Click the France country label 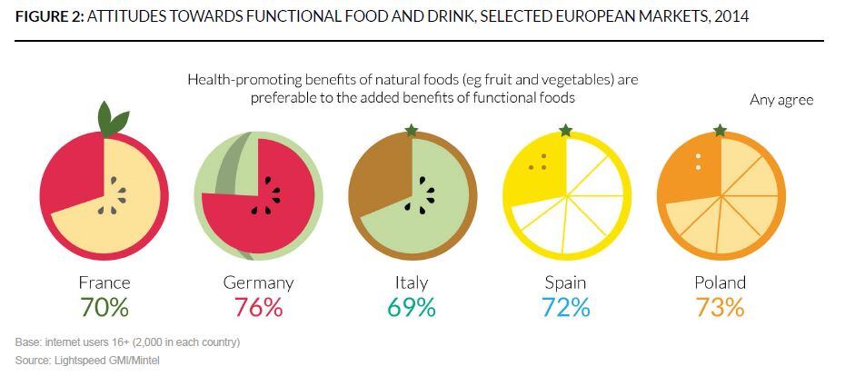(x=104, y=282)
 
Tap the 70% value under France (x=104, y=308)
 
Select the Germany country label (x=259, y=282)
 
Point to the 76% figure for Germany (x=259, y=308)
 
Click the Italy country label (x=412, y=282)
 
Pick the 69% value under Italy (x=412, y=308)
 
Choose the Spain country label (x=565, y=282)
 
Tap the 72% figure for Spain (x=565, y=308)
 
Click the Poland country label (x=720, y=282)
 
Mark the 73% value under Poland (x=720, y=308)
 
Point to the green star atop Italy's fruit (x=412, y=131)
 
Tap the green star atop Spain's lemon (x=565, y=131)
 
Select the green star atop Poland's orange (x=720, y=131)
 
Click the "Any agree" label (x=781, y=100)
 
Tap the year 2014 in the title (x=731, y=17)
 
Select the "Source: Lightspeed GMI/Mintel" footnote (x=87, y=361)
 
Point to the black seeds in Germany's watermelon (x=271, y=196)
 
